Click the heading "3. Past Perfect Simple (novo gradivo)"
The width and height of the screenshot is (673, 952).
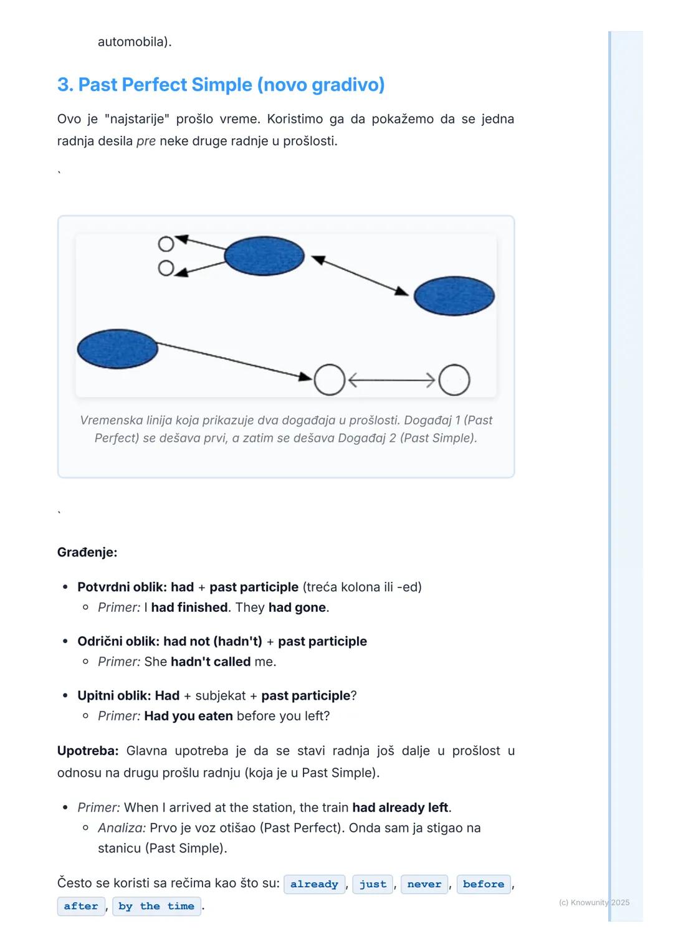(221, 85)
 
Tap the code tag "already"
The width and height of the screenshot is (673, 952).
(314, 884)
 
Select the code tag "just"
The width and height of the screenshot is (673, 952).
(373, 884)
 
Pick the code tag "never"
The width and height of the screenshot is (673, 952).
(424, 884)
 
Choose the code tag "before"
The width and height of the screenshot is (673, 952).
(484, 884)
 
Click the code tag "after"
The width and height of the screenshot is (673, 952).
(81, 906)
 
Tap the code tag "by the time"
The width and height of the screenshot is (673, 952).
(156, 906)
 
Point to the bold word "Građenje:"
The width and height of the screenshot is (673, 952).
(87, 552)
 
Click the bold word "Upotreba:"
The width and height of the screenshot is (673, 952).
(88, 751)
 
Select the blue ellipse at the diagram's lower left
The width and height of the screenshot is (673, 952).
(117, 349)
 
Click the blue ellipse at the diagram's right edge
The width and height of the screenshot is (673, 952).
(454, 296)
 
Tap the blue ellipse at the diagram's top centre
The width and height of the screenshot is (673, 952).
(264, 255)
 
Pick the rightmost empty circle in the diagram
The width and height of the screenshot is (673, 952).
(454, 380)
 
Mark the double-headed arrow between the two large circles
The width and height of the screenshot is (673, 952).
(391, 380)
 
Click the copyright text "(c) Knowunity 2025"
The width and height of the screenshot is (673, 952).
(594, 902)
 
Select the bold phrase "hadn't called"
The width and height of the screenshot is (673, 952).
(211, 662)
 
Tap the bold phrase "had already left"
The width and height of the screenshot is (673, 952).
(400, 807)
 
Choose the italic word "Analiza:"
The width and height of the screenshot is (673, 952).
(122, 828)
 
